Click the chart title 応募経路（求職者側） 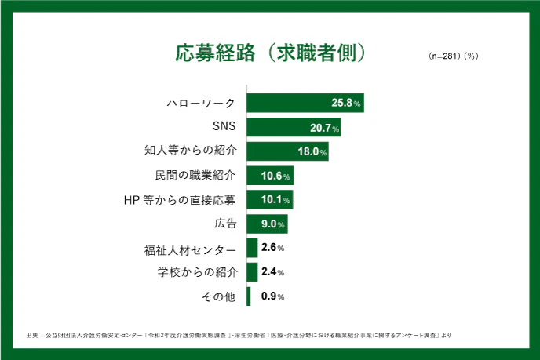pos(269,53)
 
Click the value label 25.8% pos(346,104)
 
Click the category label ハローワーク pos(202,103)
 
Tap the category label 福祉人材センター pos(190,249)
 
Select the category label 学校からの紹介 pos(196,273)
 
